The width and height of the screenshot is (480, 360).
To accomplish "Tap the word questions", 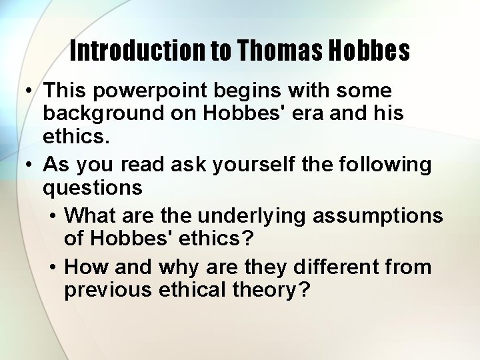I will (x=92, y=187).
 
